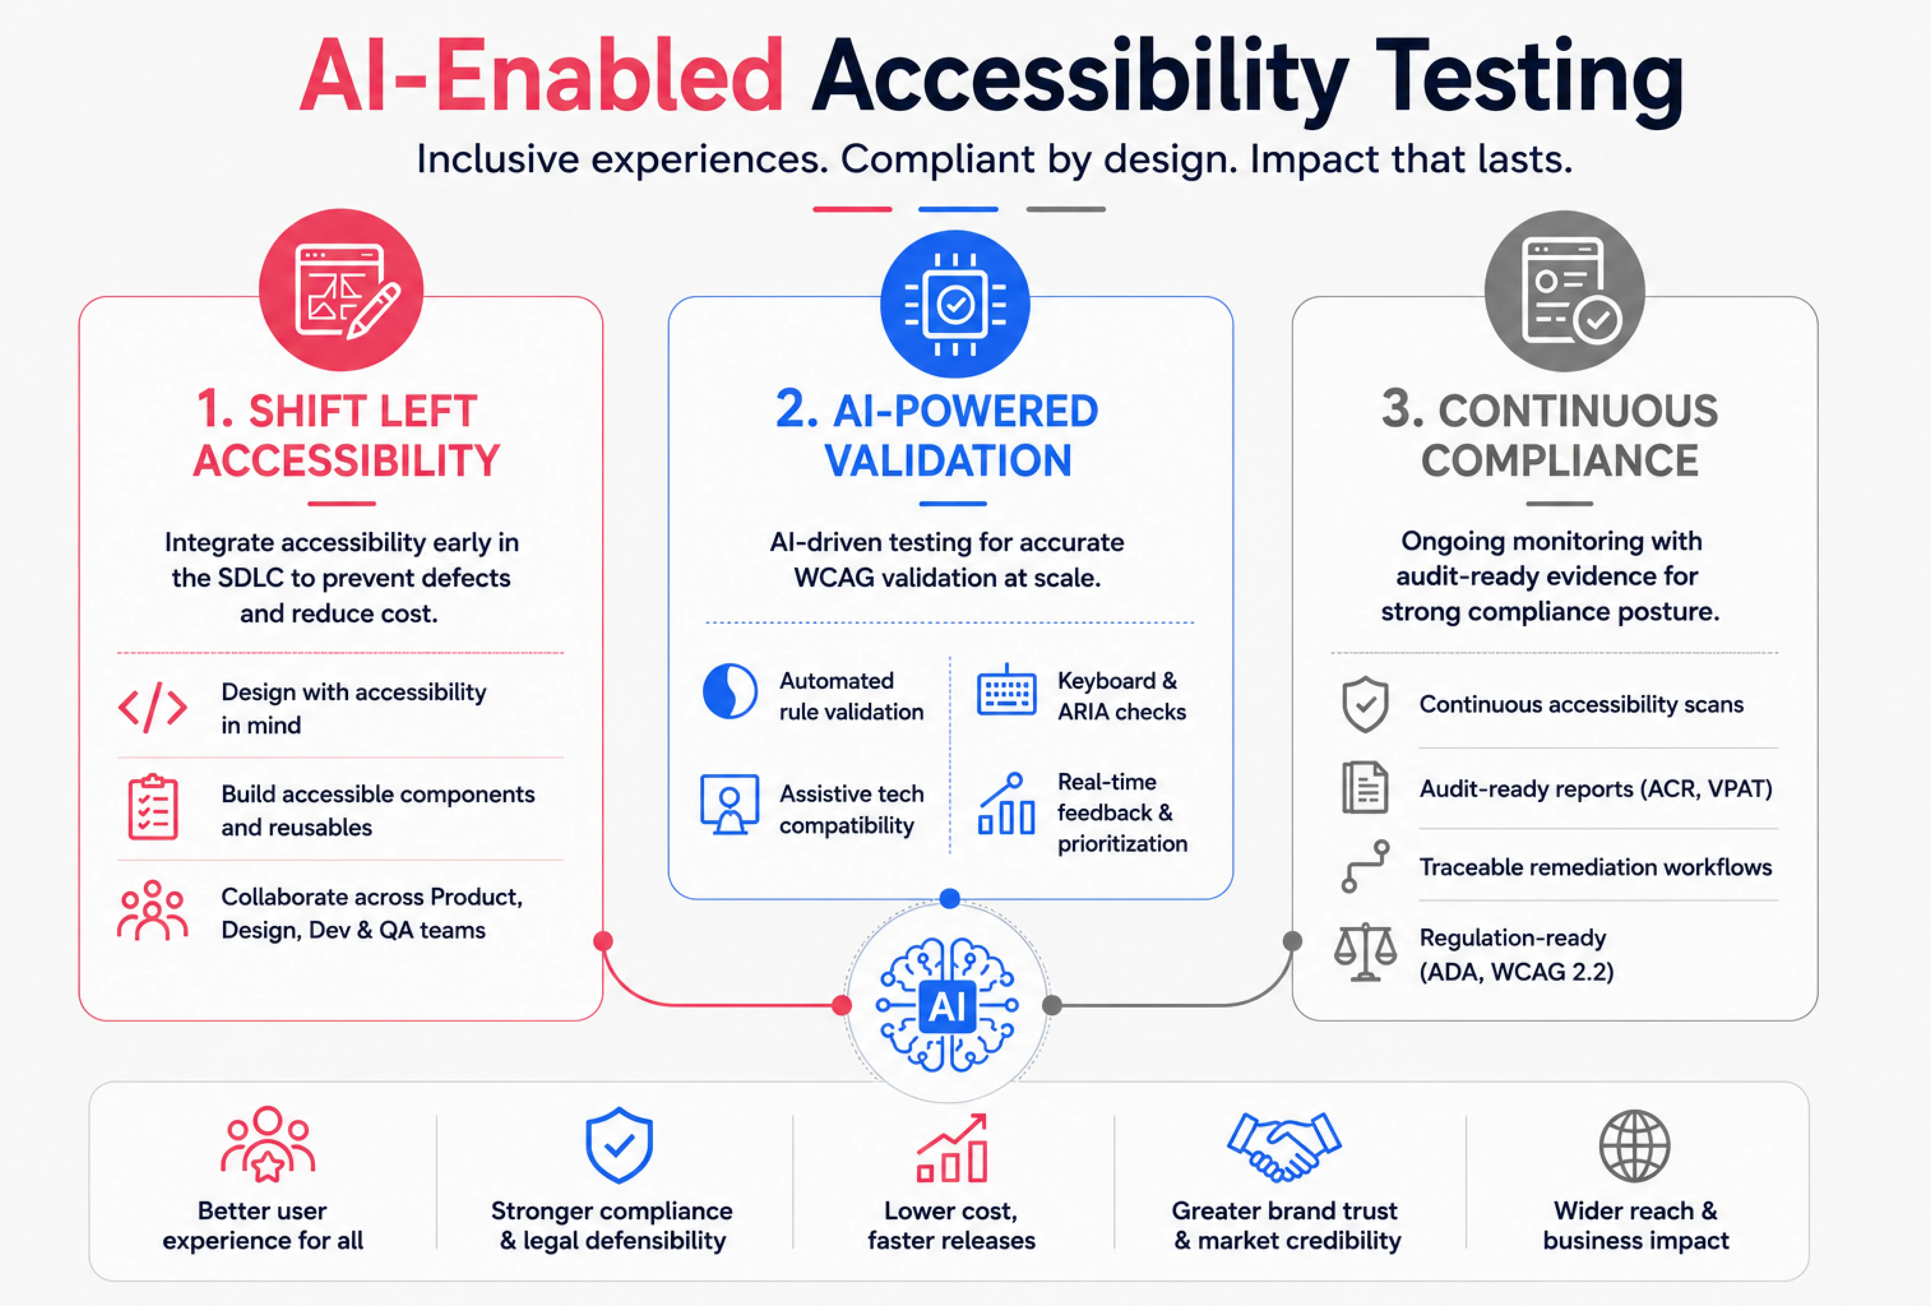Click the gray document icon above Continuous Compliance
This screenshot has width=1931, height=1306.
coord(1565,291)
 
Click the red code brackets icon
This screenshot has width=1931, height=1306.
coord(153,708)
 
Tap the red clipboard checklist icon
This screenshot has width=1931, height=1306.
coord(153,807)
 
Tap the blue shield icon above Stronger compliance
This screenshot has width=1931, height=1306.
coord(619,1145)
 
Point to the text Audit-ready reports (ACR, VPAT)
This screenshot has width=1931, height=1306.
coord(1595,789)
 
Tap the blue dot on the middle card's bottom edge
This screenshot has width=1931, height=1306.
coord(950,898)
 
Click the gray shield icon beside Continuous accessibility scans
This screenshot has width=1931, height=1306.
coord(1365,704)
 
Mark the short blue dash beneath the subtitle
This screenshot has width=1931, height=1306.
coord(958,209)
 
